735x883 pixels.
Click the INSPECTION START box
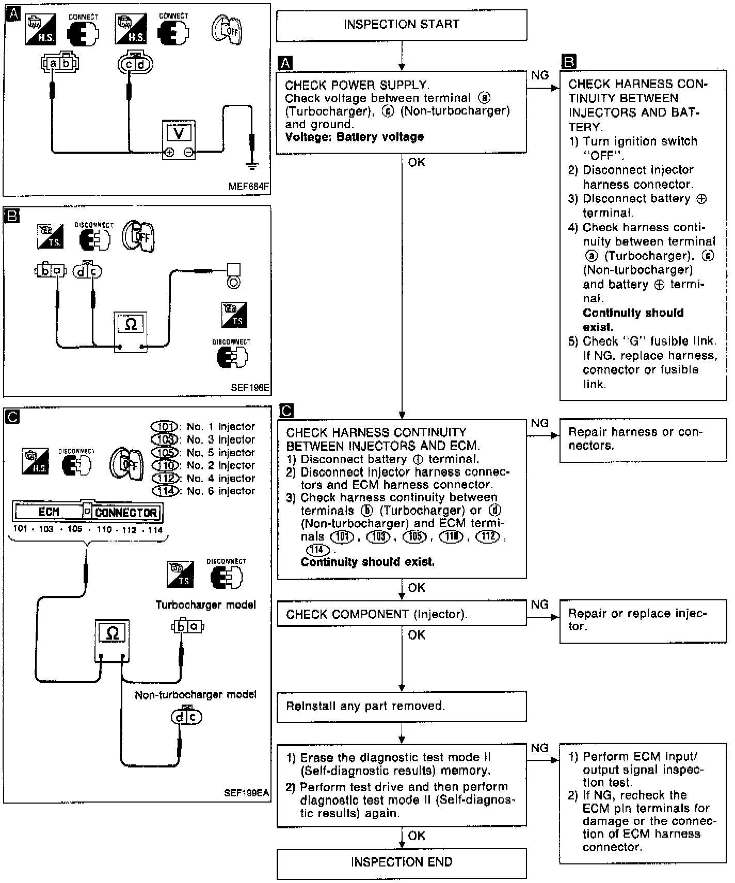pos(401,25)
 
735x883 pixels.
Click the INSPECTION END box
pos(401,862)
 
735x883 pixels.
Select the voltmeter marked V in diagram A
pos(179,139)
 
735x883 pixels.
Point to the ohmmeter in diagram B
pos(131,332)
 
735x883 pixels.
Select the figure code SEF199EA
pos(247,794)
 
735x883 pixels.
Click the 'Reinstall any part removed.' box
pos(401,706)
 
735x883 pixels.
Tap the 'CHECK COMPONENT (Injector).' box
pos(401,614)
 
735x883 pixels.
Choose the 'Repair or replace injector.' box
pos(643,620)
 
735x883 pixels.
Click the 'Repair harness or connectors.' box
pos(643,439)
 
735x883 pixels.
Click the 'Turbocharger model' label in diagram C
pos(205,604)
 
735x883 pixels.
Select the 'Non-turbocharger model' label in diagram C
pos(195,695)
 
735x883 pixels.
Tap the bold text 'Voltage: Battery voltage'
pos(354,137)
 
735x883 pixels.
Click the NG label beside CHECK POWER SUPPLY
pos(540,76)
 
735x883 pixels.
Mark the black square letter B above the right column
pos(568,62)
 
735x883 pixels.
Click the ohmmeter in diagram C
pos(111,640)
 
